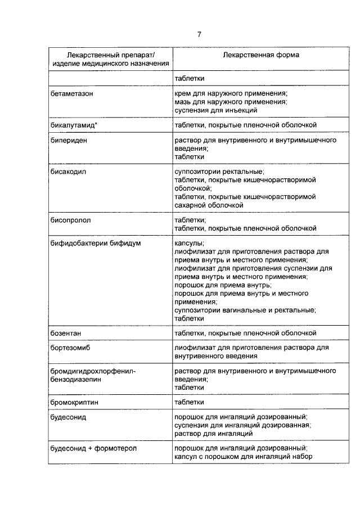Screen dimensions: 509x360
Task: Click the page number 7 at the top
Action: (x=199, y=35)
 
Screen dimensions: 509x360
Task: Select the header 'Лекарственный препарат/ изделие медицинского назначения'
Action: (x=110, y=61)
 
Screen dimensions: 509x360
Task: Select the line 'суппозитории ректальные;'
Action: (x=218, y=170)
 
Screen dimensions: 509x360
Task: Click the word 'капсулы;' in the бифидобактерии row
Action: (x=189, y=243)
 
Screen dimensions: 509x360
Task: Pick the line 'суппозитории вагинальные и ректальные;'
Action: (x=244, y=310)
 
